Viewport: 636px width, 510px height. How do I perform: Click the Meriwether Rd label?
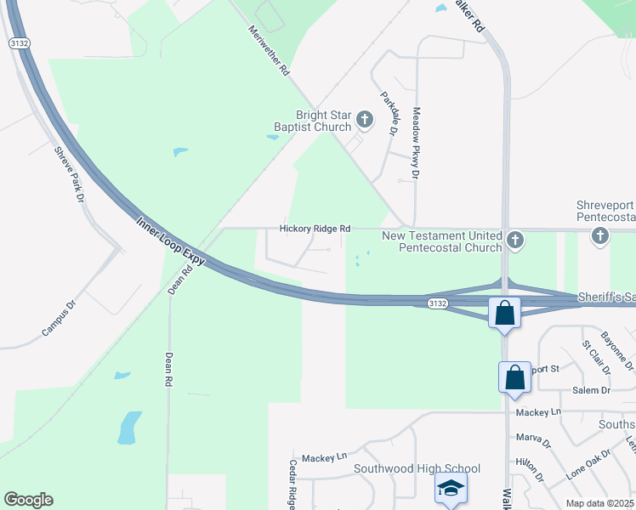pos(270,51)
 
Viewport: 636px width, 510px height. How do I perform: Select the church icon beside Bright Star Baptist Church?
pos(365,119)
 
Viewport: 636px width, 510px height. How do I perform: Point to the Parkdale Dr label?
pos(389,114)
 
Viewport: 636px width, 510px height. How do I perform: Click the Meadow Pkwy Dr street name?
pos(417,142)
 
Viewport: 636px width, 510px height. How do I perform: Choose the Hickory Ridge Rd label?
pos(315,229)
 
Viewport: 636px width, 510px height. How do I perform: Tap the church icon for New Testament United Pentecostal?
pos(514,242)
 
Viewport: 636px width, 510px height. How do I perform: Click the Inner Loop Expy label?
pos(171,241)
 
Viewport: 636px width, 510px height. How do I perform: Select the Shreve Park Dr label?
pos(70,175)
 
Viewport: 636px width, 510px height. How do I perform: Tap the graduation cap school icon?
pos(451,489)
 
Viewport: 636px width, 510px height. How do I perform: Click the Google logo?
pos(28,500)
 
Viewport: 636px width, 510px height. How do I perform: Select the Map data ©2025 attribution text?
pos(599,503)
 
